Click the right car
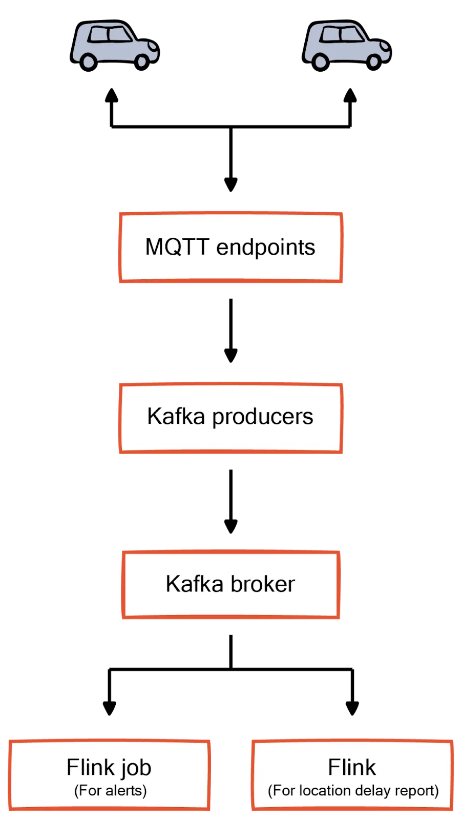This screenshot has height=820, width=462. pos(347,45)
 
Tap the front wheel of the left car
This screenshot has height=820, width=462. pos(142,62)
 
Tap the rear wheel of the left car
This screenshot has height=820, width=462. pos(89,62)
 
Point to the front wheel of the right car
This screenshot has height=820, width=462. pos(374,62)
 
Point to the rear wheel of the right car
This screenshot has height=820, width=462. pos(321,62)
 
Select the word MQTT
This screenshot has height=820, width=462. pos(177,247)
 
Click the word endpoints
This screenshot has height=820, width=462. pos(265,247)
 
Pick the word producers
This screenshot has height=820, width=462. pos(262,417)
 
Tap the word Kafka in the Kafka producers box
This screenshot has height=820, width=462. pos(176,416)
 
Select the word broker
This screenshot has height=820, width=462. pos(263,584)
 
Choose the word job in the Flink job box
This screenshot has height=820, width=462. pos(137,768)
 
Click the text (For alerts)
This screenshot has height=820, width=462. pos(110,790)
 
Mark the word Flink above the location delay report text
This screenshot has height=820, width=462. pos(352,767)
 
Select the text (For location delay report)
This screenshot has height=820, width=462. pos(353,790)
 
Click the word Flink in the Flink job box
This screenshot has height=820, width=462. pos(91,767)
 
